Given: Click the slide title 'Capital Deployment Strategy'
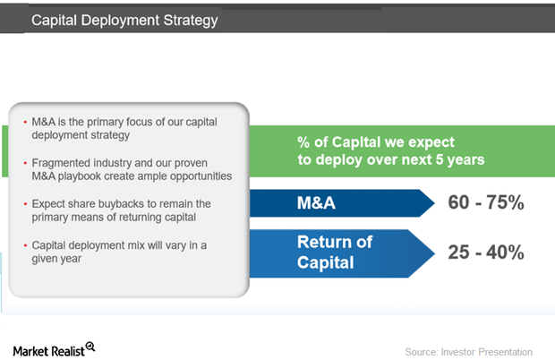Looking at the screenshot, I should pos(124,19).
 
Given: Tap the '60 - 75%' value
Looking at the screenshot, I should pos(485,203).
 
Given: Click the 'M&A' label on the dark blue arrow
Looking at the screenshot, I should pos(316,204).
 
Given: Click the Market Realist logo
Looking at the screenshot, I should pos(53,347).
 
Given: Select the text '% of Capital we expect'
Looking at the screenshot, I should pos(376,141).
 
